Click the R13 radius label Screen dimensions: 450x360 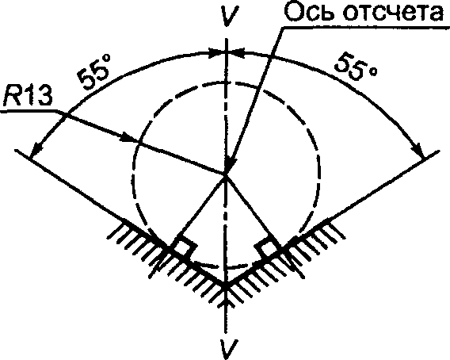28,97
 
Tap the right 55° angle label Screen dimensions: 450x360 355,67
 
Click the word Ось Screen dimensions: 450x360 311,11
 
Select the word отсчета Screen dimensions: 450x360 394,13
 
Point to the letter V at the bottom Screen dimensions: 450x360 229,349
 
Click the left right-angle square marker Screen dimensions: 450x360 184,247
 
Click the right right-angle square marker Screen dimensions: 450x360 267,247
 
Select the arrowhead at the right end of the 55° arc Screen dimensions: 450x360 418,150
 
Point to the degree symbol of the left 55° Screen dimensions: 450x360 106,59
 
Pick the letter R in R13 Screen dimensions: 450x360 12,97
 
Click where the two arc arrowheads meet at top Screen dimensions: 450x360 227,52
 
